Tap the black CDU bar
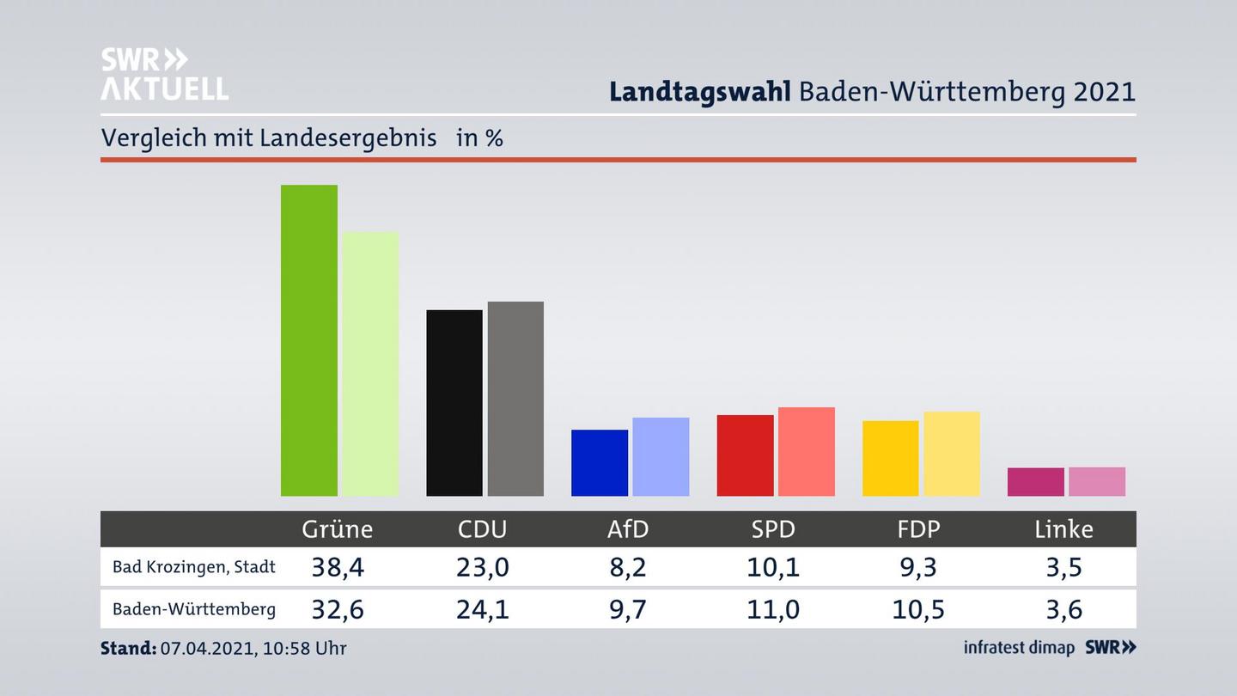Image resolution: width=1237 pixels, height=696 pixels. [454, 403]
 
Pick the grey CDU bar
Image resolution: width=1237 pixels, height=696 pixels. [515, 399]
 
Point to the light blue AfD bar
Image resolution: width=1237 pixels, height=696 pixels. [661, 456]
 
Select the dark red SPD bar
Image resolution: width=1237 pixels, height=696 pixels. [745, 455]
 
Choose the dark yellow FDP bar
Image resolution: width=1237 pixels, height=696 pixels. [890, 458]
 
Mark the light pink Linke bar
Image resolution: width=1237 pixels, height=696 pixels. [1097, 481]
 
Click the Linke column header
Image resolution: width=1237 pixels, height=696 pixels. [1063, 529]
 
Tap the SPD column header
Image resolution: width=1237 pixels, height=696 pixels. [773, 529]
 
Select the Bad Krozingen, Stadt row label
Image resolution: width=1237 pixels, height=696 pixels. [194, 567]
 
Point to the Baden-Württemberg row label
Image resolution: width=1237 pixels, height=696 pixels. [194, 609]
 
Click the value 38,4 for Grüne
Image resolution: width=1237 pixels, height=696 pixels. [337, 567]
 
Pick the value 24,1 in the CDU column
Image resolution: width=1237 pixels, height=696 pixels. [483, 609]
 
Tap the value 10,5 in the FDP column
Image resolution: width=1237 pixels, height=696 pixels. [918, 609]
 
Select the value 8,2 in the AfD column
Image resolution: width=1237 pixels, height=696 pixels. [628, 567]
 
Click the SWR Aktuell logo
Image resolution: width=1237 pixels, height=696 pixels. [164, 74]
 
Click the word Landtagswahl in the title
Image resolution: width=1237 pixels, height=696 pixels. [699, 92]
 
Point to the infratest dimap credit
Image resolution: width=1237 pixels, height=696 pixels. [1019, 648]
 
